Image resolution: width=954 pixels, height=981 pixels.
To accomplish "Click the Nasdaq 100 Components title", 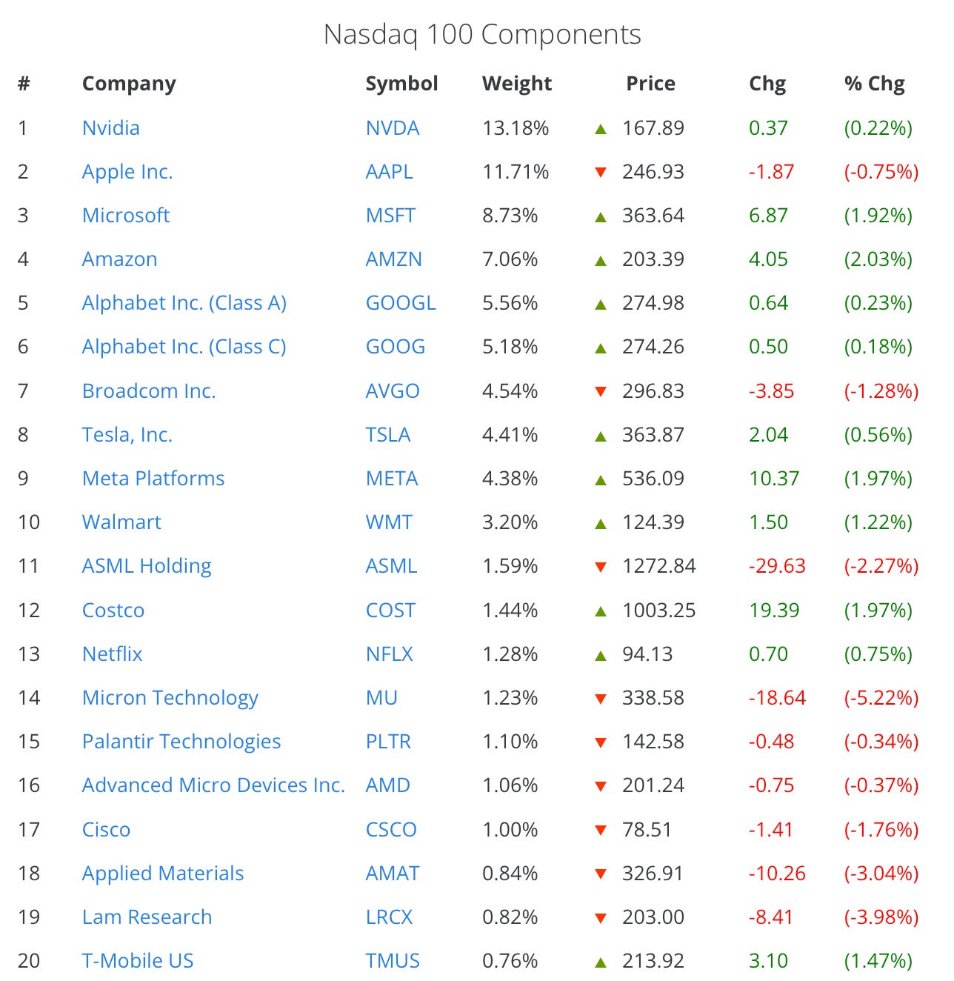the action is (x=481, y=35).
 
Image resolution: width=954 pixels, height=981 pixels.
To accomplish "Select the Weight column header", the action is (x=516, y=83).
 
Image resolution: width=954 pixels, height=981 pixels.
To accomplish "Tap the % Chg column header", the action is (x=874, y=83).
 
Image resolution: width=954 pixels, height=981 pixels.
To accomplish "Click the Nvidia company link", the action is (x=111, y=128).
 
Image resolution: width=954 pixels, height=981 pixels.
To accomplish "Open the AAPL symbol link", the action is (x=389, y=172).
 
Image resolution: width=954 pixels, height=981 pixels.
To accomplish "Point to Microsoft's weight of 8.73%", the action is (x=510, y=216).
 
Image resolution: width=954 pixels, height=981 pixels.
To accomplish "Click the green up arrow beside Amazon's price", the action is (x=600, y=261).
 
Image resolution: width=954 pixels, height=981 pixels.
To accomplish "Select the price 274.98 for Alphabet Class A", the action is (x=653, y=303).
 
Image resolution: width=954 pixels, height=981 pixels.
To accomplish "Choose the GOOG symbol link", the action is (x=396, y=347).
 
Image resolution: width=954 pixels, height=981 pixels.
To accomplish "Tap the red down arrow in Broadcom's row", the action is (x=600, y=391).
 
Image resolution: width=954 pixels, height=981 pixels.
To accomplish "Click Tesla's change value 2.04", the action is (x=768, y=434).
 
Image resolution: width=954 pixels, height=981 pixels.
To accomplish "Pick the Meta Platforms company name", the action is (x=153, y=479).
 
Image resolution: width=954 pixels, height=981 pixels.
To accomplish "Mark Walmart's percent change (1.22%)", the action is (x=878, y=522).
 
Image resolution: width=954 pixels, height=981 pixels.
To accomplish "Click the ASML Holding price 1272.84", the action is (x=659, y=566).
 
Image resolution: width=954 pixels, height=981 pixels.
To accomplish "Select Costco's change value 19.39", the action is (x=774, y=611).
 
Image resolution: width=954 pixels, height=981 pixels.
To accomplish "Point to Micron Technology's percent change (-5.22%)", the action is (x=881, y=698).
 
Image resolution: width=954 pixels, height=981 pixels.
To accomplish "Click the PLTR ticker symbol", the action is (x=388, y=742).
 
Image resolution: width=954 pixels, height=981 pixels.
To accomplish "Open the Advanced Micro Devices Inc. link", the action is (x=213, y=785).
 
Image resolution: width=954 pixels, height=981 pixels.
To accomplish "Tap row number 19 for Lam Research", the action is (x=29, y=917).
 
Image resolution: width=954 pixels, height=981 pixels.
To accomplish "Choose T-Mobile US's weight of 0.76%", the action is (x=510, y=961).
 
